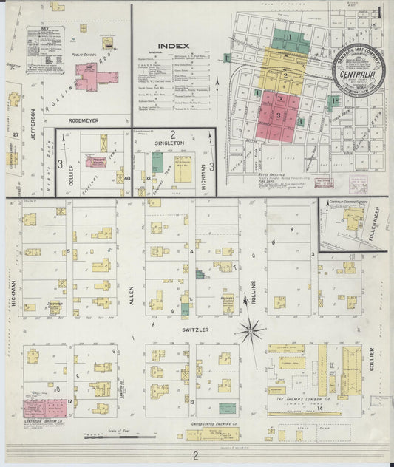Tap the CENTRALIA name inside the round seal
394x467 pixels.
[x=357, y=73]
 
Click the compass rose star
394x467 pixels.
[x=250, y=330]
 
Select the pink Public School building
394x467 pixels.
[x=94, y=76]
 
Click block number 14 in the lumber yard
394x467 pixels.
[x=320, y=407]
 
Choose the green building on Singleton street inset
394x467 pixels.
[x=157, y=163]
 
